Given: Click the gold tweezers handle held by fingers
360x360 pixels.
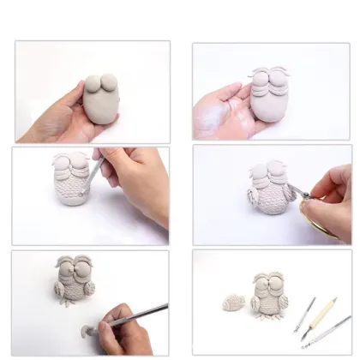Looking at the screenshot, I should (x=323, y=225).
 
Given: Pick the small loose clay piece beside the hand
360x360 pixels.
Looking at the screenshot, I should (x=81, y=327).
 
